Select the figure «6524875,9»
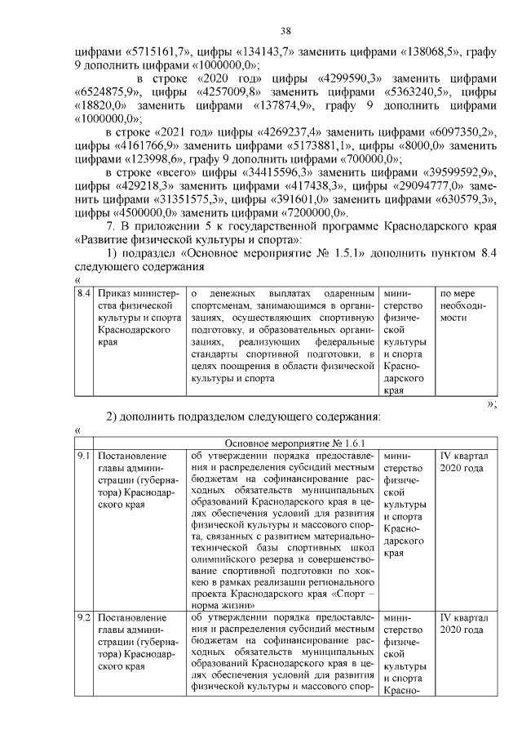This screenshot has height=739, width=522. click(111, 92)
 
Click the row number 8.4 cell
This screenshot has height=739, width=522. click(83, 292)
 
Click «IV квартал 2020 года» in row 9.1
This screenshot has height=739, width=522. click(462, 462)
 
